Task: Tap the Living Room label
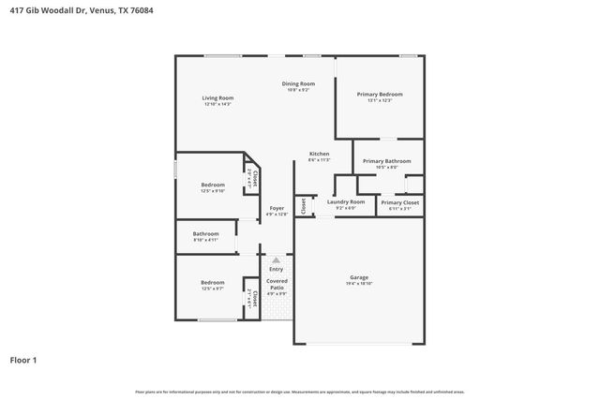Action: coord(217,97)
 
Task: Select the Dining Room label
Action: coord(298,83)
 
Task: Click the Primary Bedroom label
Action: coord(380,94)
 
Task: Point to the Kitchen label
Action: coord(320,154)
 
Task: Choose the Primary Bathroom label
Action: coord(387,161)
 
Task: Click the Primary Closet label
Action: coord(399,202)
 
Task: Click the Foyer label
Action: coord(277,208)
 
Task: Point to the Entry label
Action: coord(276,270)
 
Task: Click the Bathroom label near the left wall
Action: coord(206,233)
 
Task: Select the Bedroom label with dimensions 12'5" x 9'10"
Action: coord(213,185)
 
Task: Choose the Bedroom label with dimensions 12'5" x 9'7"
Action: coord(213,282)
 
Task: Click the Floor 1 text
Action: coord(23,360)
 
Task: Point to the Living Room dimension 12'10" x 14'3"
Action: coord(217,104)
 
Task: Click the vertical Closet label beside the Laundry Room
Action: coord(304,205)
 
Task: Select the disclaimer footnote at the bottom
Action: coord(299,392)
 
